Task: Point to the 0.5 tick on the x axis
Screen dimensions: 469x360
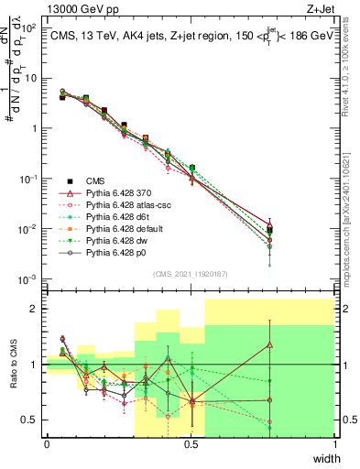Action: (191, 444)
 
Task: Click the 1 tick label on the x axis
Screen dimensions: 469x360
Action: (335, 444)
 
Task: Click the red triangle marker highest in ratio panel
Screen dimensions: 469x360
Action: (269, 345)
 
